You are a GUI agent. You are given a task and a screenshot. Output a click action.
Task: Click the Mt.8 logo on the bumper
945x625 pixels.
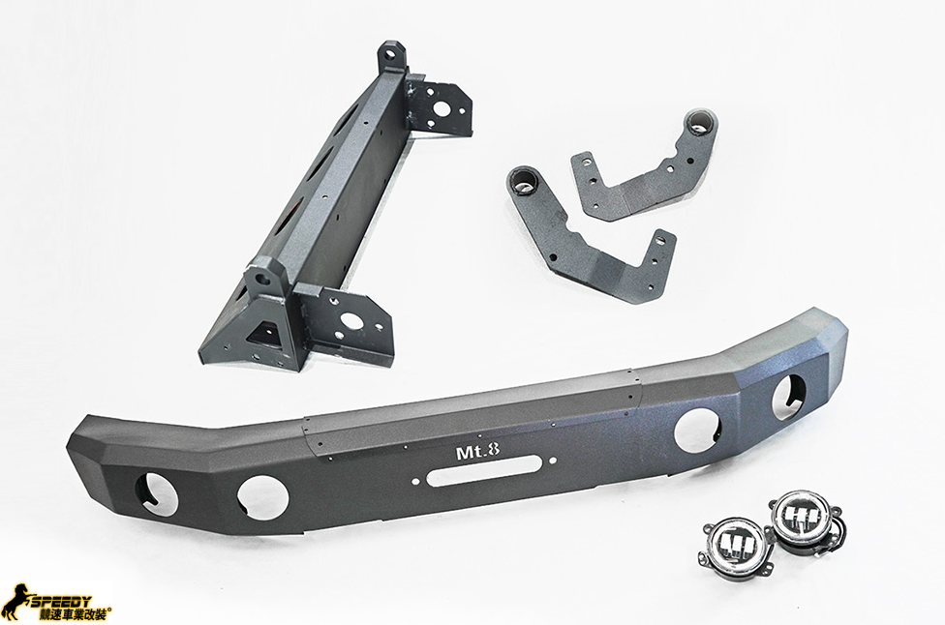click(x=479, y=452)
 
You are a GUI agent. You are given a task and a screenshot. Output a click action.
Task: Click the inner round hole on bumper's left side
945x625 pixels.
click(x=262, y=494)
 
